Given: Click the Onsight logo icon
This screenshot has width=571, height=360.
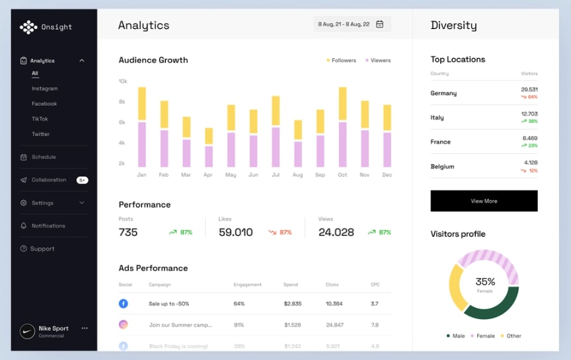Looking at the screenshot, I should pyautogui.click(x=28, y=27).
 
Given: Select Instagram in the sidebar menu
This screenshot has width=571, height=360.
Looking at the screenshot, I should pyautogui.click(x=44, y=89).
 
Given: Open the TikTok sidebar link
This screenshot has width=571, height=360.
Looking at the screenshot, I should pyautogui.click(x=40, y=119).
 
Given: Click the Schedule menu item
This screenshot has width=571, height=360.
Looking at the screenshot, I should pyautogui.click(x=44, y=157).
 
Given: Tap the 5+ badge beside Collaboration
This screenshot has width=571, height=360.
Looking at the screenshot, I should pyautogui.click(x=82, y=180).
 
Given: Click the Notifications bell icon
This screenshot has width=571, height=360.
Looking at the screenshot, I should pyautogui.click(x=24, y=226).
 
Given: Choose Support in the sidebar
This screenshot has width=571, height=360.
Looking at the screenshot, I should pyautogui.click(x=42, y=249).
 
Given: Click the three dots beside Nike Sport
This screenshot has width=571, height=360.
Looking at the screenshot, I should pyautogui.click(x=85, y=328).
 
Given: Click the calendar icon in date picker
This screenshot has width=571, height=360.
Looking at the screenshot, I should pyautogui.click(x=380, y=24).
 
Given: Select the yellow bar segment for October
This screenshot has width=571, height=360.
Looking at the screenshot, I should pyautogui.click(x=342, y=104).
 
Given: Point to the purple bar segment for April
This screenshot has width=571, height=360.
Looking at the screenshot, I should pyautogui.click(x=209, y=157).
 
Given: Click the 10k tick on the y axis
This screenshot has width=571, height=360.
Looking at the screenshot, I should pyautogui.click(x=122, y=81).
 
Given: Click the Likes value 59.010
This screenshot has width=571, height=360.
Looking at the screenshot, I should pyautogui.click(x=236, y=233).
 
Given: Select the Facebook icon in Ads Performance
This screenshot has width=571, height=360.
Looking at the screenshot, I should pyautogui.click(x=123, y=304).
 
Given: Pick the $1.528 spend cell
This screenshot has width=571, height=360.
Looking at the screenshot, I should pyautogui.click(x=293, y=325).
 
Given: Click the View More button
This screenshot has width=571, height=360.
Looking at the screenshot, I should pyautogui.click(x=484, y=201).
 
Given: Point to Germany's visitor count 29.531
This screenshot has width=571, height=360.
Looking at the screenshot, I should pyautogui.click(x=529, y=89).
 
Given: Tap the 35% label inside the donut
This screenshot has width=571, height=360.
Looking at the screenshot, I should pyautogui.click(x=485, y=281).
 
